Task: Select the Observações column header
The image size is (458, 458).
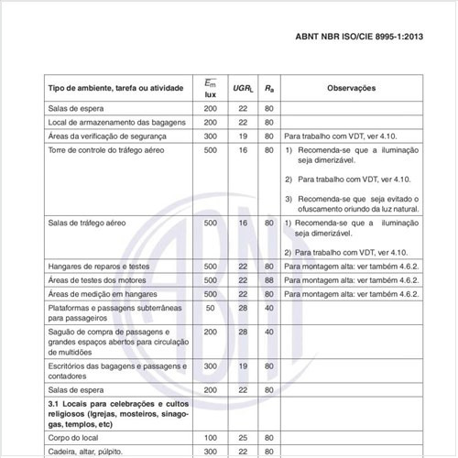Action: point(352,88)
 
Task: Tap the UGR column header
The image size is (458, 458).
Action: point(243,88)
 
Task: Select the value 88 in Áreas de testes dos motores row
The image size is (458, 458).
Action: point(268,279)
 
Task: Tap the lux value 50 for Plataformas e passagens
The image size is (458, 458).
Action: point(211,309)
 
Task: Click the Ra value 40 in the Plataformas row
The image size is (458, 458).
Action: point(268,309)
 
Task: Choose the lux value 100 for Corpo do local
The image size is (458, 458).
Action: point(211,438)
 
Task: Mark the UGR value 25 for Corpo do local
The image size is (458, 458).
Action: point(243,438)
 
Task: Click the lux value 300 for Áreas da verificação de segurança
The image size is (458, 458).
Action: point(211,136)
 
